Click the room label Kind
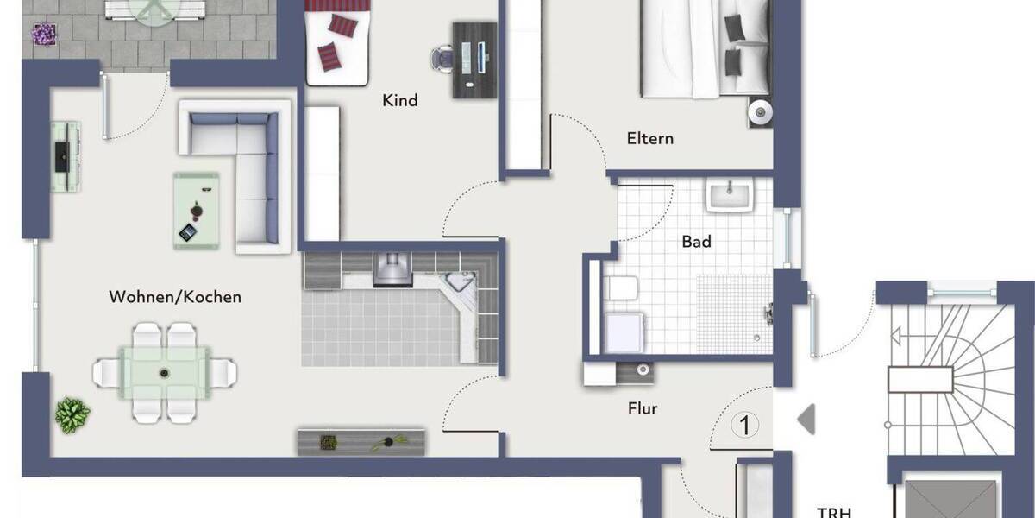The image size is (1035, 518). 399,100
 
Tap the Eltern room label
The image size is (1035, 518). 650,138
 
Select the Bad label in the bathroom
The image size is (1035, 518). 696,242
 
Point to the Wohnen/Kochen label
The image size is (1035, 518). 175,297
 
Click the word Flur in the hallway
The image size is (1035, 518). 643,408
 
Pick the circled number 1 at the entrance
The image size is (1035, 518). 744,425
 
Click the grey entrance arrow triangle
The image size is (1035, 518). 806,420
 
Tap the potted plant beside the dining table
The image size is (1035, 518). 72,415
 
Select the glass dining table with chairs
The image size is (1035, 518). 165,372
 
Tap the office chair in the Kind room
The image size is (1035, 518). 442,57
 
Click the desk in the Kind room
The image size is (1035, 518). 475,59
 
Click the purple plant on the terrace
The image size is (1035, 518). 43,35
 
